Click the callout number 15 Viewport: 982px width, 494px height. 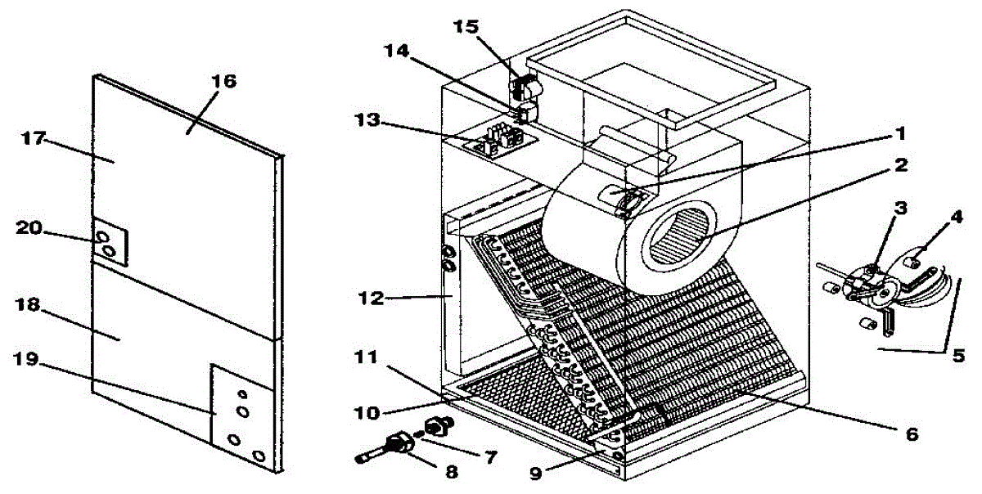pos(467,27)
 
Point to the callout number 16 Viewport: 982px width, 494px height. pos(224,81)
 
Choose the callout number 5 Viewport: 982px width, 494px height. pos(957,356)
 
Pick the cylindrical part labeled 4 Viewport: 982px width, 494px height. pos(915,263)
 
